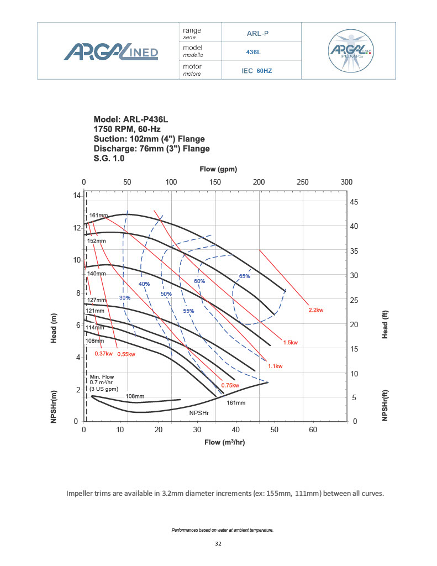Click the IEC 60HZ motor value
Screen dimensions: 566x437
[257, 71]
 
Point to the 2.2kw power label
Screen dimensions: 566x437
[315, 310]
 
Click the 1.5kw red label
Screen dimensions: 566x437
[290, 343]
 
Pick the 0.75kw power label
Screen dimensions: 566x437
[230, 385]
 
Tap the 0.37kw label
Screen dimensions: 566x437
[104, 353]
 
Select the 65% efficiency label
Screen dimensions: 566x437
[244, 276]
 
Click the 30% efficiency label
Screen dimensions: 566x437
[124, 297]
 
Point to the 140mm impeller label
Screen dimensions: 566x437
[96, 274]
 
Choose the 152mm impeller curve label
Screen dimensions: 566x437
[96, 241]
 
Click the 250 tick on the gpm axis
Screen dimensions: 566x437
[303, 182]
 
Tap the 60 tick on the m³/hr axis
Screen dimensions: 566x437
[312, 429]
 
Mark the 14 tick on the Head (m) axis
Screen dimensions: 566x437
[77, 196]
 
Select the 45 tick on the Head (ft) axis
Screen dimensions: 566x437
[354, 202]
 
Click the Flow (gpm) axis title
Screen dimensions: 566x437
[218, 169]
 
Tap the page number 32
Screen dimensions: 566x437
[218, 544]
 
